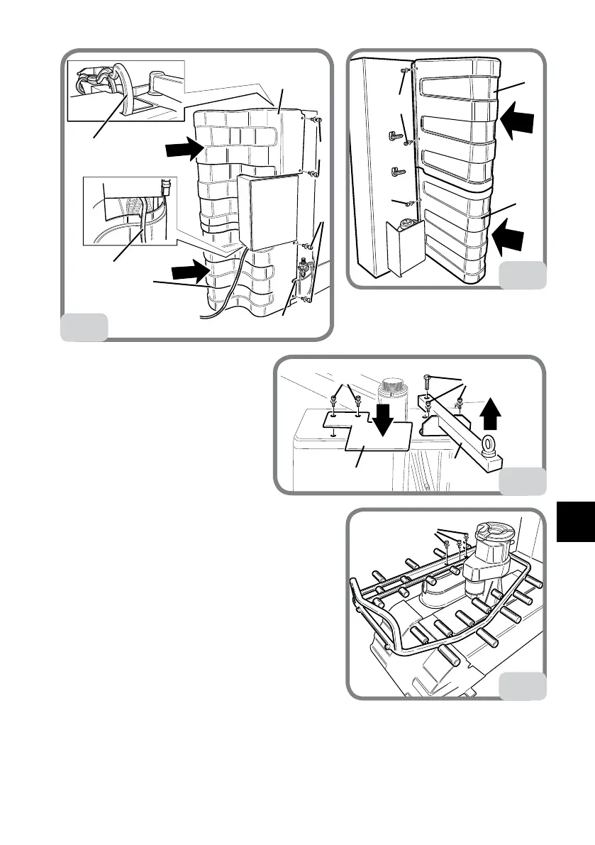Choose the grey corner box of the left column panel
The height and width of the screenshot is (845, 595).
(84, 327)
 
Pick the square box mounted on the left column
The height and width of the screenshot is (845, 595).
(265, 211)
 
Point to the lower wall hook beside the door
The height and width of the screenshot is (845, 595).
(396, 171)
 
